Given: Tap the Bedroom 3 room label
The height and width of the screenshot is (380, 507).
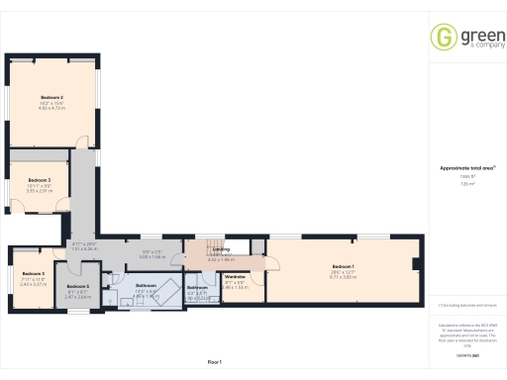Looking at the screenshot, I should tap(39, 179).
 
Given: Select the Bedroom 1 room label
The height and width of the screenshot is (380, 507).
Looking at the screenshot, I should tap(343, 267).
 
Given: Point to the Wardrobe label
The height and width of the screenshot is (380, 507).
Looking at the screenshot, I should tap(235, 276).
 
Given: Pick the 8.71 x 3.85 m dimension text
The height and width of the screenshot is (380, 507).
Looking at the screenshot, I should tap(343, 278).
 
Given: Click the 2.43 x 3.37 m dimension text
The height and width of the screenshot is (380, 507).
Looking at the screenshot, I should tap(35, 283).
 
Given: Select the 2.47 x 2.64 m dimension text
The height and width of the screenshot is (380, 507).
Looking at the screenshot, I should tap(78, 295).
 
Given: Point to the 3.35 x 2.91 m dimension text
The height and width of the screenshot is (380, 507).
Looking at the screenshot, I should tap(39, 191).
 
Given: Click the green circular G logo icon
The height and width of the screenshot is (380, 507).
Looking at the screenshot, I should tap(444, 37).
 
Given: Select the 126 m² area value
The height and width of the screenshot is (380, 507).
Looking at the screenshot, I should tap(464, 184).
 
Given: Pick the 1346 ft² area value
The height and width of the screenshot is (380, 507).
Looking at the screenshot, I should tap(464, 176).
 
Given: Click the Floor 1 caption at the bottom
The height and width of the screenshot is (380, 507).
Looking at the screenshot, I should tap(215, 362).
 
